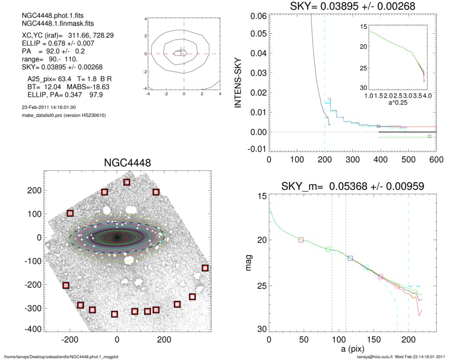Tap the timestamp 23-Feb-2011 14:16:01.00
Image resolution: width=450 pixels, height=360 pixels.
pos(46,107)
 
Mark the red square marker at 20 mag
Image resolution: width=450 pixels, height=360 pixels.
pos(301,239)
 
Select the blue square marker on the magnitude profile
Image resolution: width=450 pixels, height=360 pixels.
pos(350,258)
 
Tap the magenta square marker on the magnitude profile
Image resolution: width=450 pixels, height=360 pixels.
pos(380,277)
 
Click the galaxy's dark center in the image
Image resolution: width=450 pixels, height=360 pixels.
pos(117,237)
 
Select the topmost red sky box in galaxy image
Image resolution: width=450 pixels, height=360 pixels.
pos(127,183)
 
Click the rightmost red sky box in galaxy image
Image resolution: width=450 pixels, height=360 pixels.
pos(205,268)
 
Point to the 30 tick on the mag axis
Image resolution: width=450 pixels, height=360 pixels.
pos(261,330)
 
